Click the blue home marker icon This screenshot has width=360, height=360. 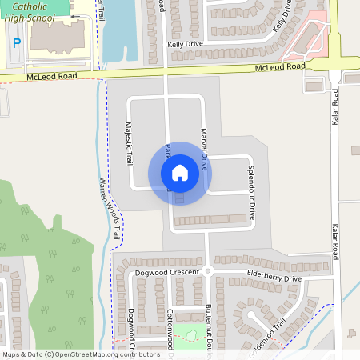click(179, 173)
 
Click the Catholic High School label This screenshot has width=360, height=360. click(35, 11)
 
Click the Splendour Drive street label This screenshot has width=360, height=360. click(250, 193)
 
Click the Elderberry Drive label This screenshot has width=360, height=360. click(274, 278)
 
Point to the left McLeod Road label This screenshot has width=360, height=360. click(52, 77)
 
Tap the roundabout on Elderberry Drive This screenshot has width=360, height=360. click(206, 271)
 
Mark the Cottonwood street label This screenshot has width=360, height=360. click(170, 332)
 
